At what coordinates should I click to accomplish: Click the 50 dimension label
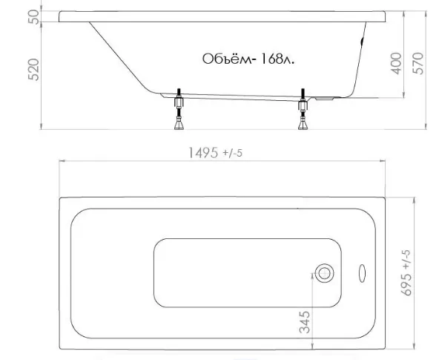click(34, 17)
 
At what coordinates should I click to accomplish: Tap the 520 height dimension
click(34, 70)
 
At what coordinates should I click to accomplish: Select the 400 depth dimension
click(396, 63)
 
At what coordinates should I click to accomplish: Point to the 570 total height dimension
click(418, 63)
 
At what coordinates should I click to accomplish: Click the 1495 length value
click(203, 153)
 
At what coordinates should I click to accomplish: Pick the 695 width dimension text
click(406, 284)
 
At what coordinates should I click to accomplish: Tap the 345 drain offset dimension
click(305, 322)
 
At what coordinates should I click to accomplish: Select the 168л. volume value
click(277, 59)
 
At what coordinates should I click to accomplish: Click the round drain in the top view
click(324, 273)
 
